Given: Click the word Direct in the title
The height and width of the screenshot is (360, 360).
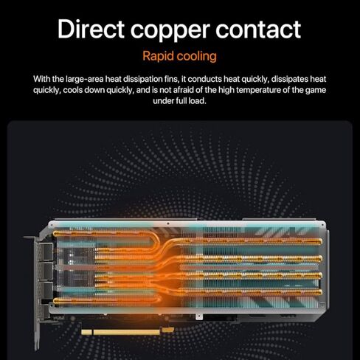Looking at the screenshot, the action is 91,30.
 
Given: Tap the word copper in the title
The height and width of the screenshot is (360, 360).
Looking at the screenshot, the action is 170,32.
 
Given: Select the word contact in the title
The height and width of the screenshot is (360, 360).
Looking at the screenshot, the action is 258,30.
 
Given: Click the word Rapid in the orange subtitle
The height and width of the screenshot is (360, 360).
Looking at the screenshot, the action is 158,56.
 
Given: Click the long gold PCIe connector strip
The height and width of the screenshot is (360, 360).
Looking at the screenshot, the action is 126,333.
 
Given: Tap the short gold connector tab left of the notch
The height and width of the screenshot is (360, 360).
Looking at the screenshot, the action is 86,333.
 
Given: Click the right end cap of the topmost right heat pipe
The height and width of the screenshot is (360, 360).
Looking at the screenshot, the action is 320,241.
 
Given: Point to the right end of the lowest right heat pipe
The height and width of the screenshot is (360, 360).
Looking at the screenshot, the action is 320,292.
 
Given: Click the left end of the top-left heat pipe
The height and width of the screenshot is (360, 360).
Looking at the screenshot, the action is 55,233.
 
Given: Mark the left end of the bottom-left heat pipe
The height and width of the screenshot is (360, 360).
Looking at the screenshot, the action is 55,300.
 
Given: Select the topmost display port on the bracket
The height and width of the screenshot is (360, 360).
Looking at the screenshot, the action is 48,252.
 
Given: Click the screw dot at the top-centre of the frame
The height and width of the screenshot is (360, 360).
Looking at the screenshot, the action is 168,224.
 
